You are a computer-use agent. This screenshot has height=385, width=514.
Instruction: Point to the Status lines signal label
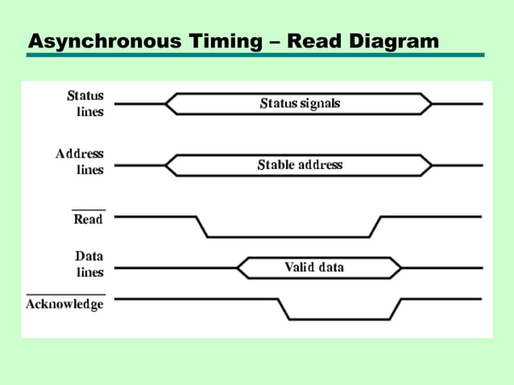point(85,104)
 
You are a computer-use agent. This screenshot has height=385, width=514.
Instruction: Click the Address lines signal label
point(80,161)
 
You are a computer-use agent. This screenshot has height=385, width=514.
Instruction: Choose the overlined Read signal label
point(89,218)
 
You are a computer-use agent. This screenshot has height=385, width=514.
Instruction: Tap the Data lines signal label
point(89,263)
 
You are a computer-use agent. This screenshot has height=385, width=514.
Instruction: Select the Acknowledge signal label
point(65,304)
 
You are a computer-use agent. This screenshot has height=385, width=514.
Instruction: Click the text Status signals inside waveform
point(300,104)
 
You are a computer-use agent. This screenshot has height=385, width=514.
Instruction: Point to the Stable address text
point(300,165)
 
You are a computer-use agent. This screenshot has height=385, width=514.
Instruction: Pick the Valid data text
point(314,267)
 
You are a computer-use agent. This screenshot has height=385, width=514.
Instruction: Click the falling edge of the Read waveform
point(202,226)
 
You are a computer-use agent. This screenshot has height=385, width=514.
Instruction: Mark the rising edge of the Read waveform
point(375,226)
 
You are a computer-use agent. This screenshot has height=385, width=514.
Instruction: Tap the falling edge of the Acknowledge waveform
point(284,308)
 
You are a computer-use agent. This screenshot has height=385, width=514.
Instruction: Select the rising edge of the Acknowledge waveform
point(396,308)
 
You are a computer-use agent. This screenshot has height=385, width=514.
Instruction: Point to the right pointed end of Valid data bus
point(400,268)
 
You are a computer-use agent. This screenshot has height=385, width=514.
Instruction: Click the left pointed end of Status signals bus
point(166,104)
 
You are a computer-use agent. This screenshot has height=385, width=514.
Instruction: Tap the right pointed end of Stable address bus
point(431,165)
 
